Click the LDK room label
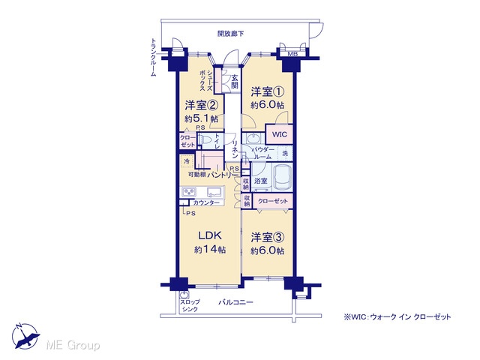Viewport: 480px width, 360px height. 210,235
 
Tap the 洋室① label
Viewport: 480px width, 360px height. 268,91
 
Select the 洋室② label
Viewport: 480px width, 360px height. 202,105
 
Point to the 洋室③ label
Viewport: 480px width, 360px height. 268,237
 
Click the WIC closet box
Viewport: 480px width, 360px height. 279,134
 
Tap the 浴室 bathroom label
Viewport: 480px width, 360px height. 260,181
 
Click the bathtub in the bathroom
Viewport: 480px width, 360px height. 283,178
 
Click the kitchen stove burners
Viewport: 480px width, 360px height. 189,192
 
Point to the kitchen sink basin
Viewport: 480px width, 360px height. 214,192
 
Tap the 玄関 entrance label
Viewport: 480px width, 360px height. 235,81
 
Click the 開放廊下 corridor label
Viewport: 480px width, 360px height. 230,33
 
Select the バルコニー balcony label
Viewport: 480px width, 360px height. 235,302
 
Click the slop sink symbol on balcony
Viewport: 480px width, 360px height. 184,295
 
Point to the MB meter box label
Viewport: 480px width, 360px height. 292,54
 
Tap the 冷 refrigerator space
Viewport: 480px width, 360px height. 187,161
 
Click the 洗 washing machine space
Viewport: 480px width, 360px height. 285,153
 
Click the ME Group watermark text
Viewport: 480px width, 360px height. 73,345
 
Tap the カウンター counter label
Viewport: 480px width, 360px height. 207,202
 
